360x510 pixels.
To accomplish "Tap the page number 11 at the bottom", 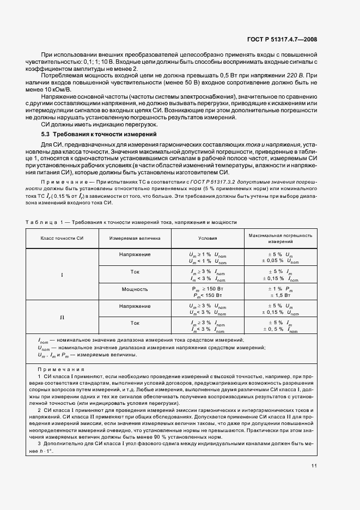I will [x=315, y=465].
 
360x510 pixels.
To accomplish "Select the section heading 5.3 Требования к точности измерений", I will [x=100, y=133].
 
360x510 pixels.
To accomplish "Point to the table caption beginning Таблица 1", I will [x=131, y=222].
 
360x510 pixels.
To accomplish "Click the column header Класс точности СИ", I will [x=62, y=238].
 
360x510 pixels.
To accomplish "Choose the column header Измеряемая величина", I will [x=135, y=238].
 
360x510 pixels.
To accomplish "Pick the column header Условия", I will [x=207, y=238].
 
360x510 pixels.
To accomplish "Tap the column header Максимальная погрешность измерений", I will [x=280, y=238].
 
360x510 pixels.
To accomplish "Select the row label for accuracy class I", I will [x=62, y=275].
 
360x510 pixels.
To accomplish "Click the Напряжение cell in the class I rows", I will [x=135, y=254].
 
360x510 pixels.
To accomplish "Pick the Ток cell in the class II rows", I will [x=135, y=323].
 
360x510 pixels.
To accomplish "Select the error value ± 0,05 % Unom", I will [x=280, y=261].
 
